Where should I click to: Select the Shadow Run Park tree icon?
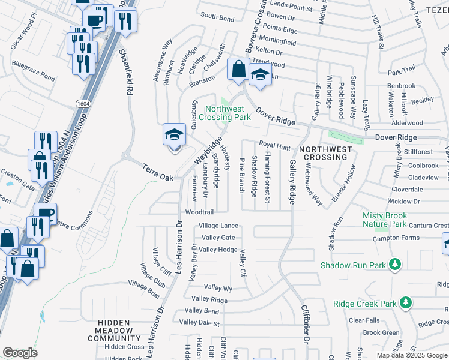tap(394, 264)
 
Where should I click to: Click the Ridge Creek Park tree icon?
tap(406, 303)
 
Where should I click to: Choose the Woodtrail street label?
tap(200, 212)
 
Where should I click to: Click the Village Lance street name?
tap(218, 226)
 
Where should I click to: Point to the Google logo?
tap(20, 353)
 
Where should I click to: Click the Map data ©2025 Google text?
tap(411, 355)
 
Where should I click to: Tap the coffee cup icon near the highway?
tap(94, 21)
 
